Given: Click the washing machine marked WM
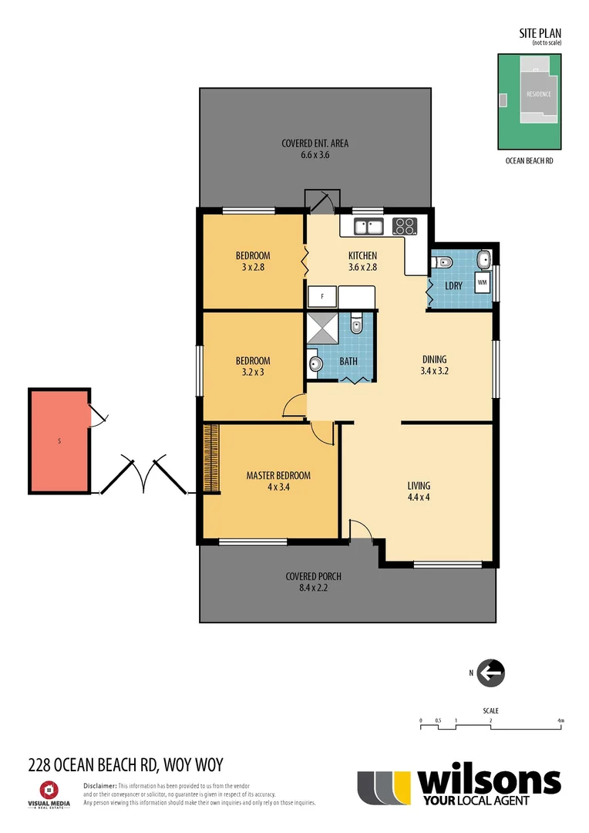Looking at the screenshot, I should point(482,283).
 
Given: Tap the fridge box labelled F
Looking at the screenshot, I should point(322,295).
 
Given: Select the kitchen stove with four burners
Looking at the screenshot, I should point(404,227).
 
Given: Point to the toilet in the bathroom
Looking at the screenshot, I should point(355,325).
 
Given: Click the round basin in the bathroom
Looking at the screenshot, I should point(315,364).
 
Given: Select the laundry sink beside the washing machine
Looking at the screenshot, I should point(483,260).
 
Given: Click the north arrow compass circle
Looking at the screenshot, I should point(490,673).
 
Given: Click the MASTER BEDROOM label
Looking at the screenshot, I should point(278,476).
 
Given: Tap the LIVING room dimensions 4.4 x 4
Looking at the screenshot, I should point(419,497).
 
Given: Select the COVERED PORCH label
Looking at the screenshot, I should point(313,576).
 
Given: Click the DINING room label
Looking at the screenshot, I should point(434,359).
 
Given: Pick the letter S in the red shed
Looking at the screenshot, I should point(59,442).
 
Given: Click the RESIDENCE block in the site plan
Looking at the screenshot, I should point(538,94).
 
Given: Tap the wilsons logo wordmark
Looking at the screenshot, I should point(489,782).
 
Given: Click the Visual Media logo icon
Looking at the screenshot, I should point(49,789).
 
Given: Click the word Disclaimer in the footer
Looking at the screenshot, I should point(99,785).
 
